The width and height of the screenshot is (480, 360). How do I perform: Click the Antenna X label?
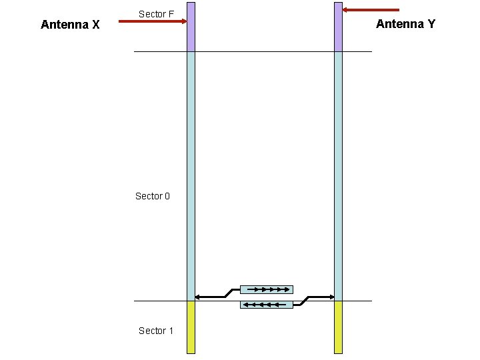pyautogui.click(x=70, y=25)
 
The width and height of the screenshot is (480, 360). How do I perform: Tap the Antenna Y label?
pyautogui.click(x=405, y=24)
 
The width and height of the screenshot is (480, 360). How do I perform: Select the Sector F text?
pyautogui.click(x=156, y=14)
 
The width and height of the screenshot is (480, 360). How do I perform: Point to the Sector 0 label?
pyautogui.click(x=153, y=196)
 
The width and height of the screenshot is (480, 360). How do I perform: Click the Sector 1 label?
pyautogui.click(x=156, y=331)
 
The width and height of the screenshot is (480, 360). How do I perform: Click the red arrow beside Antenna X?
pyautogui.click(x=152, y=21)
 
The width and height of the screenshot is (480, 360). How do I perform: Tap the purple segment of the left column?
pyautogui.click(x=191, y=27)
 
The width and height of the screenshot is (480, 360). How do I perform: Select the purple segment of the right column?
pyautogui.click(x=338, y=27)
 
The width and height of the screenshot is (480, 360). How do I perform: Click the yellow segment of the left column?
pyautogui.click(x=191, y=327)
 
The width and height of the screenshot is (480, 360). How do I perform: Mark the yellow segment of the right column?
pyautogui.click(x=338, y=327)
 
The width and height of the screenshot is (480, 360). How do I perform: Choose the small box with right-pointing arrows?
pyautogui.click(x=266, y=289)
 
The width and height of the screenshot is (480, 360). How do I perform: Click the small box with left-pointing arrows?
pyautogui.click(x=266, y=305)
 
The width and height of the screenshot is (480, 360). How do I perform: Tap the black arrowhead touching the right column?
pyautogui.click(x=331, y=297)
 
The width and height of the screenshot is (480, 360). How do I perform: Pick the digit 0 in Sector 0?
pyautogui.click(x=167, y=196)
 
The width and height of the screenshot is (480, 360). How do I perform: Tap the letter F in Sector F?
pyautogui.click(x=171, y=14)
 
